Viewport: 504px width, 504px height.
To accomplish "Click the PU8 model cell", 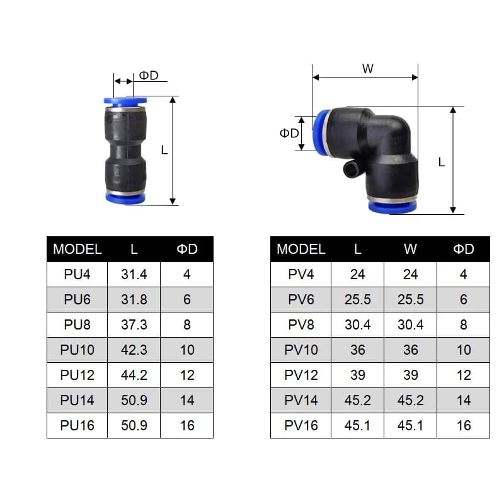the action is point(77,324).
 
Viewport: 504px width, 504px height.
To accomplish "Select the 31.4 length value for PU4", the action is point(134,275).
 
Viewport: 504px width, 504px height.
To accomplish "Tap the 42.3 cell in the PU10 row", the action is point(134,350).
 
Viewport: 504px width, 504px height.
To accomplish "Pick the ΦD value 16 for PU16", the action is point(187,426).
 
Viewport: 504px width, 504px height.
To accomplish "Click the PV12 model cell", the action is point(301,375).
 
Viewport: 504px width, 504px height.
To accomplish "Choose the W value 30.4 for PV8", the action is point(411,324).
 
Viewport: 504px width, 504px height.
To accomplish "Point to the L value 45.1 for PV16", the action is point(357,426).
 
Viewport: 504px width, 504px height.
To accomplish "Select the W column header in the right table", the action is point(411,249).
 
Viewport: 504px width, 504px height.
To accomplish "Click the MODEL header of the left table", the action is point(77,249).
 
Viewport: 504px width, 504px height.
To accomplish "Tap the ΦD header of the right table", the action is point(464,249).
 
